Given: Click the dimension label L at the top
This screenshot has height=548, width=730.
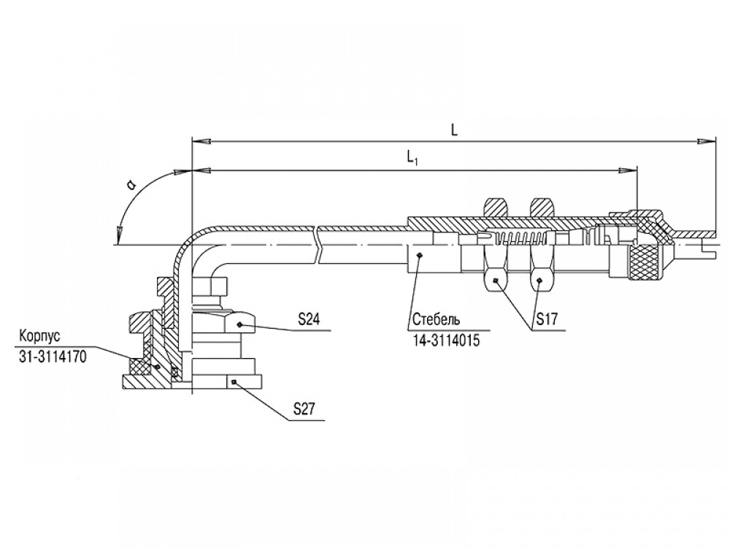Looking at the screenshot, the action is pyautogui.click(x=454, y=130).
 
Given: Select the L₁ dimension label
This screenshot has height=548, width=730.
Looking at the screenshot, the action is pyautogui.click(x=413, y=159).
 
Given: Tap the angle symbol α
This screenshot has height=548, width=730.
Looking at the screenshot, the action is pyautogui.click(x=132, y=186).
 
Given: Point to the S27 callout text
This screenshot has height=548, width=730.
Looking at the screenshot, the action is pyautogui.click(x=304, y=409).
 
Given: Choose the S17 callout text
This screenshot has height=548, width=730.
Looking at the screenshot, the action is pyautogui.click(x=546, y=319).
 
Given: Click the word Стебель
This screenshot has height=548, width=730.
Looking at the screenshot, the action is pyautogui.click(x=437, y=320).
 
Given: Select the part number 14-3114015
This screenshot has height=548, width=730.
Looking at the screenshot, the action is pyautogui.click(x=446, y=340).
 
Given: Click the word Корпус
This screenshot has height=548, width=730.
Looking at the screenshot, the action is pyautogui.click(x=40, y=336).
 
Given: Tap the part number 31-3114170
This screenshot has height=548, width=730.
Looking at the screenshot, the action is pyautogui.click(x=53, y=357).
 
